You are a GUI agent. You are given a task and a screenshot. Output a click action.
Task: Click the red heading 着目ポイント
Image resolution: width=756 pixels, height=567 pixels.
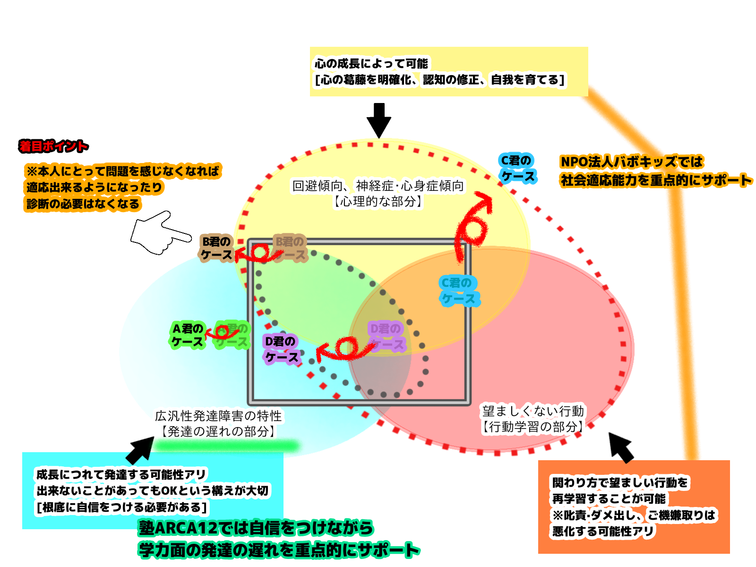pos(53,146)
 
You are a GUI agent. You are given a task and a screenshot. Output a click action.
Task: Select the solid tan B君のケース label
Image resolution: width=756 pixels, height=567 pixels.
pos(216,248)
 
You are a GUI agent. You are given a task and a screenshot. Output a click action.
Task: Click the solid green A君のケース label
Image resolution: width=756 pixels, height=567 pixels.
pos(188,335)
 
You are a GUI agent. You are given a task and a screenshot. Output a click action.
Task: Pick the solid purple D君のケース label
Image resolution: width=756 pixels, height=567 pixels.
pos(281,349)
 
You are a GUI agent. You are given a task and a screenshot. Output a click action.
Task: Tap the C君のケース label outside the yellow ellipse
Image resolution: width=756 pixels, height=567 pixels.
pos(517,168)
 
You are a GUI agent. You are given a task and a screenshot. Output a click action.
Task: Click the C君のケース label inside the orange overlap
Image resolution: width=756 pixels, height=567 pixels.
pos(458,291)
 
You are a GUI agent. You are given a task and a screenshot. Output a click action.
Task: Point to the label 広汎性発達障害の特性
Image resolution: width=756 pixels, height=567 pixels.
pos(218,416)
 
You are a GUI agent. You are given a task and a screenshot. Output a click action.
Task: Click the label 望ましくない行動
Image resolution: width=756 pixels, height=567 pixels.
pos(533,411)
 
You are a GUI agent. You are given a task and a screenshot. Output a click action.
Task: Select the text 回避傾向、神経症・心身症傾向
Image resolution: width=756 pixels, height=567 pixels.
pos(378,186)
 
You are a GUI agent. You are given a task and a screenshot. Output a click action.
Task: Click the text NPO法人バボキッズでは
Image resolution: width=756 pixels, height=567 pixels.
pos(632,162)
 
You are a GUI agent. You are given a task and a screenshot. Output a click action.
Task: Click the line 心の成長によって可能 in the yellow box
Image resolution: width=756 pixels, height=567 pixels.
pos(371,63)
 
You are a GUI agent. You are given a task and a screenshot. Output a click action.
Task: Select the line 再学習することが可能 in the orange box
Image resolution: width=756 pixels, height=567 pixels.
pos(609,499)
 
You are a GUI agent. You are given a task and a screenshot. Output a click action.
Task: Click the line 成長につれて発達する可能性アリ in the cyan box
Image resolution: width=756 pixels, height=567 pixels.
pos(121,474)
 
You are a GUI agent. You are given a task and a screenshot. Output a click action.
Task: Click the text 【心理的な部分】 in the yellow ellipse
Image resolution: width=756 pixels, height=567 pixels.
pos(378,202)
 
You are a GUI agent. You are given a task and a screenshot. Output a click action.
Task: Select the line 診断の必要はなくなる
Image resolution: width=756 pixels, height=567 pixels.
pos(83,204)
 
